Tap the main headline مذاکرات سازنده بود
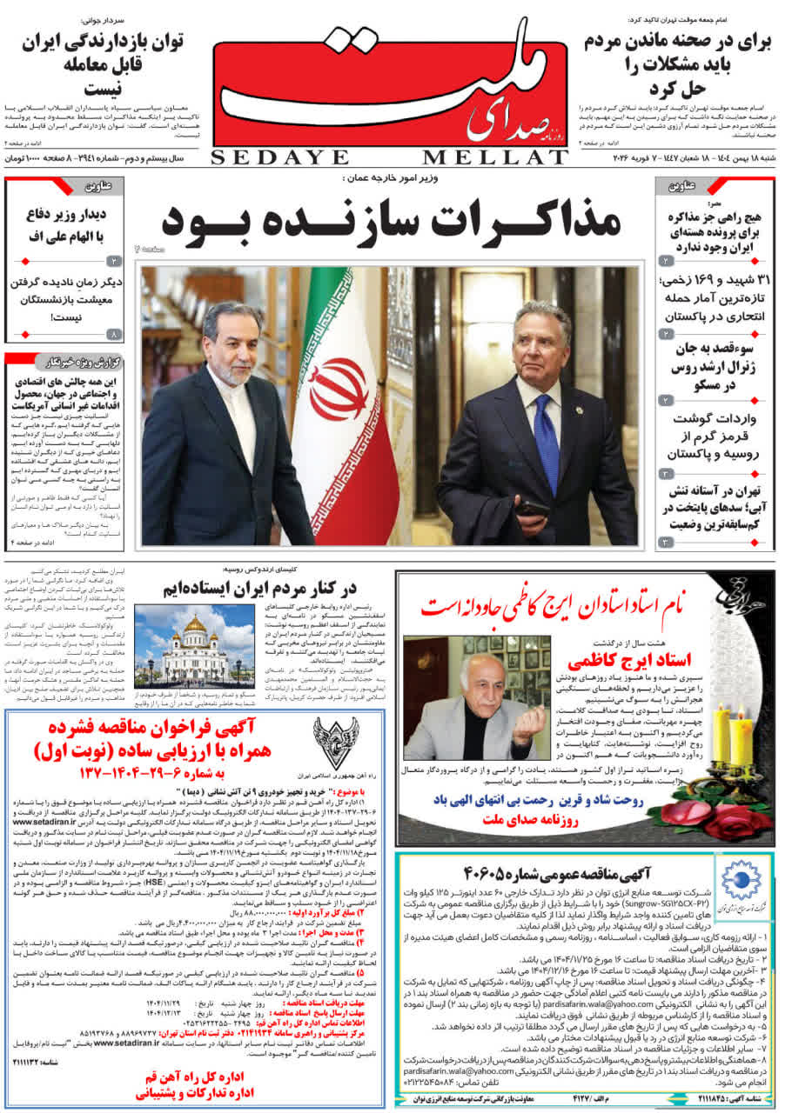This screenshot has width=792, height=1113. [392, 221]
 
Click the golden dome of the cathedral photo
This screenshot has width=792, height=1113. [194, 623]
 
